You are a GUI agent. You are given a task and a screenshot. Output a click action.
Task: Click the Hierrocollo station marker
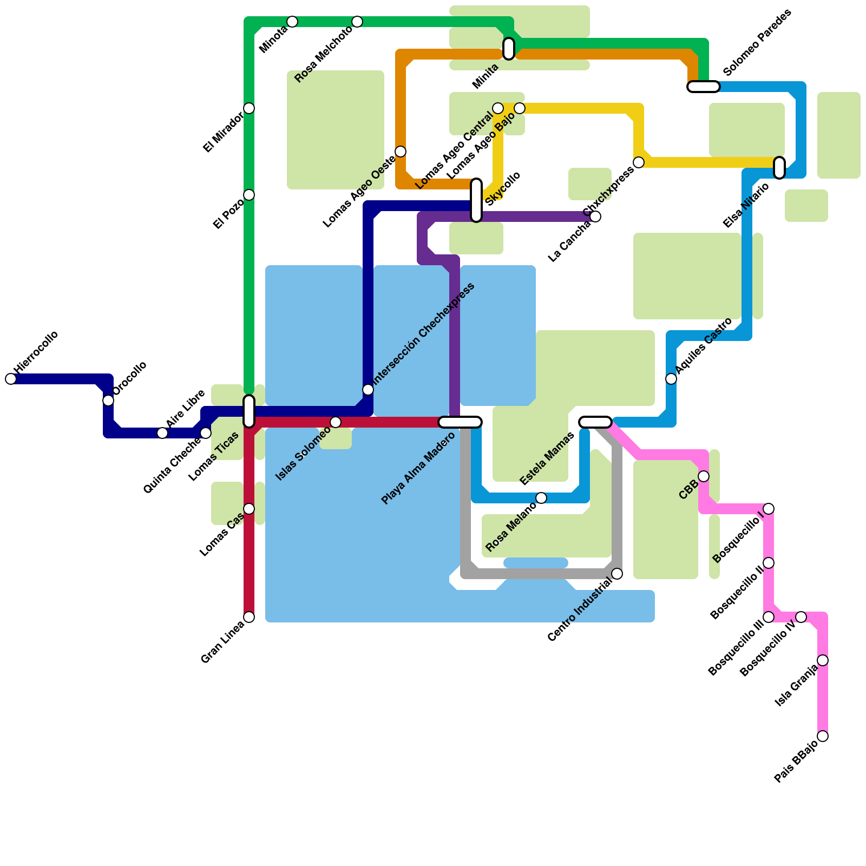11,379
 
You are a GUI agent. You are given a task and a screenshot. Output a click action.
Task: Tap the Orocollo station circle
108,401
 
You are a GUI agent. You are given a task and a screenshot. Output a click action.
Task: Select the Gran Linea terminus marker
249,617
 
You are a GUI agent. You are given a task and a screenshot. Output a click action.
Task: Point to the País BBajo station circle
823,736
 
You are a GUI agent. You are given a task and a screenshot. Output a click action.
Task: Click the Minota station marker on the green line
292,22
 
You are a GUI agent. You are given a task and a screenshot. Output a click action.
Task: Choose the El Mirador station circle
249,108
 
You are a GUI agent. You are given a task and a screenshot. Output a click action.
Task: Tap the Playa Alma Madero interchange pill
460,422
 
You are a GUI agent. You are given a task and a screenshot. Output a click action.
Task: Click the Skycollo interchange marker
476,200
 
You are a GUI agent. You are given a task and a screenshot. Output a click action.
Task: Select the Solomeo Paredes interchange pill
704,87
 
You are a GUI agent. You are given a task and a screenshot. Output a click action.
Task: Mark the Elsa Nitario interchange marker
779,168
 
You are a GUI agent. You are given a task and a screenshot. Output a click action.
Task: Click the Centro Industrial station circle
617,574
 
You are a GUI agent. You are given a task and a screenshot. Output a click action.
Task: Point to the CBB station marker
704,476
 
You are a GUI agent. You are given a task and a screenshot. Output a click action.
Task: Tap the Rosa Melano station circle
541,498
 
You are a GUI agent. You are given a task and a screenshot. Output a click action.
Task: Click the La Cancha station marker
595,216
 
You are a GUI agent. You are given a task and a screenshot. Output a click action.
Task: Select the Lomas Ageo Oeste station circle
401,152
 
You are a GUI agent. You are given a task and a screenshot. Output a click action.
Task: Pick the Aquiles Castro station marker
671,379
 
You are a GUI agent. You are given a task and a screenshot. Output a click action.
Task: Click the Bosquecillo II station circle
769,563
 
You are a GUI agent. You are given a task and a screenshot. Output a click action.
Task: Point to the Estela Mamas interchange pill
595,422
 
